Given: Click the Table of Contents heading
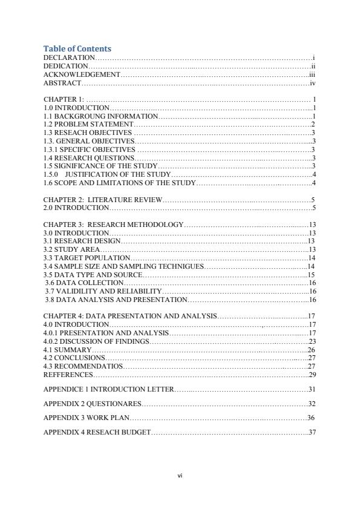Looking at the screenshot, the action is (x=77, y=48).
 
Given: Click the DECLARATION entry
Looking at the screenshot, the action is (x=70, y=57).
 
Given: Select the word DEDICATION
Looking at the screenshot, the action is (x=66, y=66).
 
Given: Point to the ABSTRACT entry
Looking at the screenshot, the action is (x=62, y=83).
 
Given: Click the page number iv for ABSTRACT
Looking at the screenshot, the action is (x=312, y=83).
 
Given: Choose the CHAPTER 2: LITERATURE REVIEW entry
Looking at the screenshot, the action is (x=103, y=200).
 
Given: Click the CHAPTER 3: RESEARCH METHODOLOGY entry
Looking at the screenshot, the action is (x=113, y=225).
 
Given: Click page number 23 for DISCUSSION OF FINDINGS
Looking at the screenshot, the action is (x=312, y=341).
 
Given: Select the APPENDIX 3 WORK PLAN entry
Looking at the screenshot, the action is (x=87, y=418).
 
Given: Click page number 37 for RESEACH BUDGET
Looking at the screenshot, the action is (x=312, y=433).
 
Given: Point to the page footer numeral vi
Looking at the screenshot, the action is (x=180, y=476).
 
